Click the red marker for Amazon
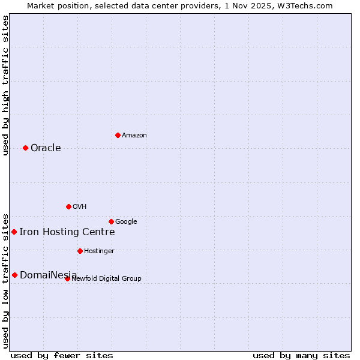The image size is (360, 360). coord(118,135)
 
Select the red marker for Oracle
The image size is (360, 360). coord(25,148)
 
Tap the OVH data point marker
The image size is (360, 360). coord(68,206)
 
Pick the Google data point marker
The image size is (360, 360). coord(111,221)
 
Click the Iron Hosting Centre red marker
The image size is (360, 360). coord(14,232)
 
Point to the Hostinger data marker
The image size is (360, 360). coord(80,251)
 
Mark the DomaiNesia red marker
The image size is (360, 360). coord(14,275)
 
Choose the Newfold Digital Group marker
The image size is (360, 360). coord(67,278)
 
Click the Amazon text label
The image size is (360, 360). coord(134,136)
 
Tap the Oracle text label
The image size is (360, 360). coord(46,148)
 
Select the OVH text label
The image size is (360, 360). coord(80,207)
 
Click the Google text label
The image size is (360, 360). coord(126,222)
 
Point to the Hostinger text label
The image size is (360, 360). coord(99,251)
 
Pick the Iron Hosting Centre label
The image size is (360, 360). coord(67,232)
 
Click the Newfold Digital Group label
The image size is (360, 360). coord(107,279)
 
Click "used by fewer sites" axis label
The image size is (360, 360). coord(62,355)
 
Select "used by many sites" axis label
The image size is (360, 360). coord(301,355)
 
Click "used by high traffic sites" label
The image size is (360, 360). coord(6,85)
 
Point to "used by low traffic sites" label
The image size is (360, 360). coord(6,280)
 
